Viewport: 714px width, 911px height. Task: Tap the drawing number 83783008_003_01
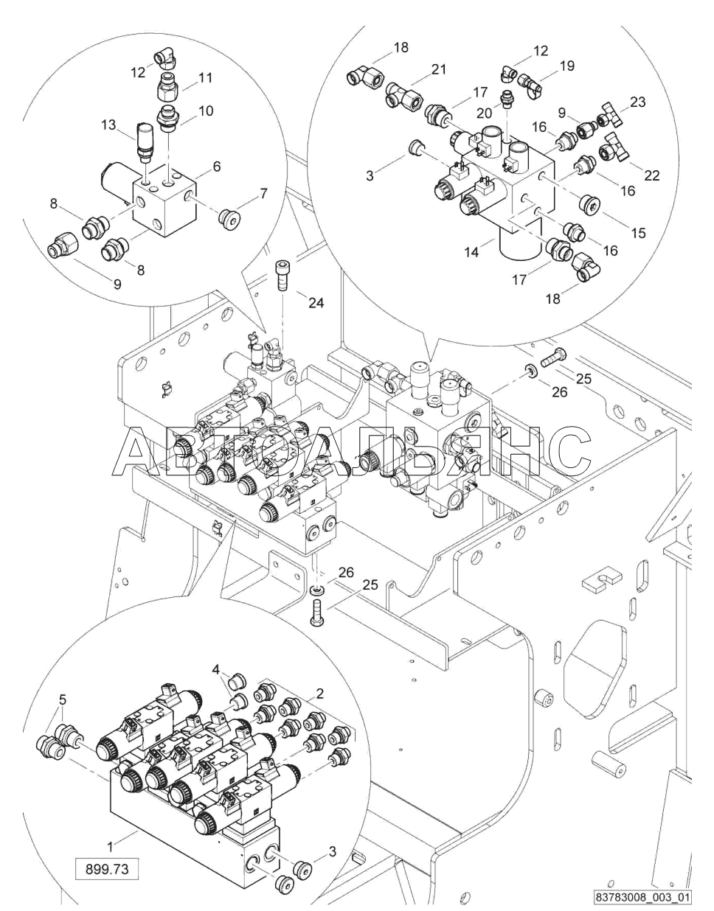coord(643,898)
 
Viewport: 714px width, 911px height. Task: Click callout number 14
coord(472,252)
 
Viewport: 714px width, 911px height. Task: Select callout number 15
coord(638,233)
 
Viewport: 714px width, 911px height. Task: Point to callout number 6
coord(216,167)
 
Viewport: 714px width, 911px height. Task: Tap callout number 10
coord(206,111)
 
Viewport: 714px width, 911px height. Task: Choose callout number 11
coord(205,77)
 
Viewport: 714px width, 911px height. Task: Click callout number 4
coord(216,670)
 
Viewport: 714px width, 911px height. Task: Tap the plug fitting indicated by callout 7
coord(230,217)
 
